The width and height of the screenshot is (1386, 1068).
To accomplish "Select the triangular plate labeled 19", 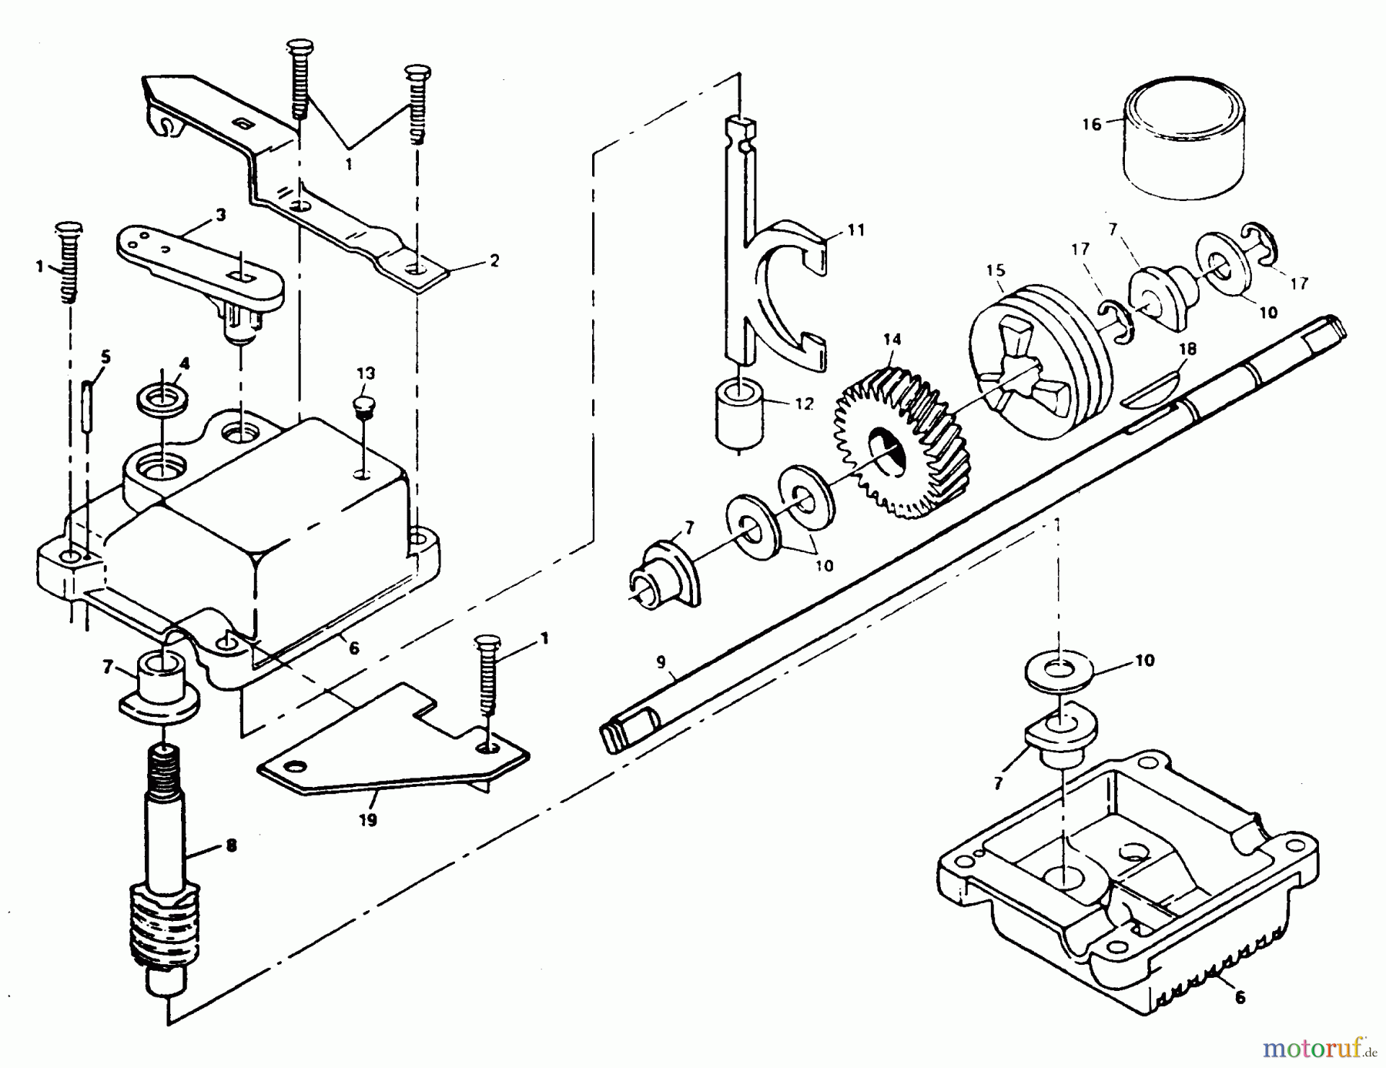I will tap(385, 751).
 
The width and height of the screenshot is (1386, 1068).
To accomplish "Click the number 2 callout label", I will tap(494, 259).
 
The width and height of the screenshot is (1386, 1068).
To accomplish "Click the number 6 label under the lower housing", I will tap(1239, 997).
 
